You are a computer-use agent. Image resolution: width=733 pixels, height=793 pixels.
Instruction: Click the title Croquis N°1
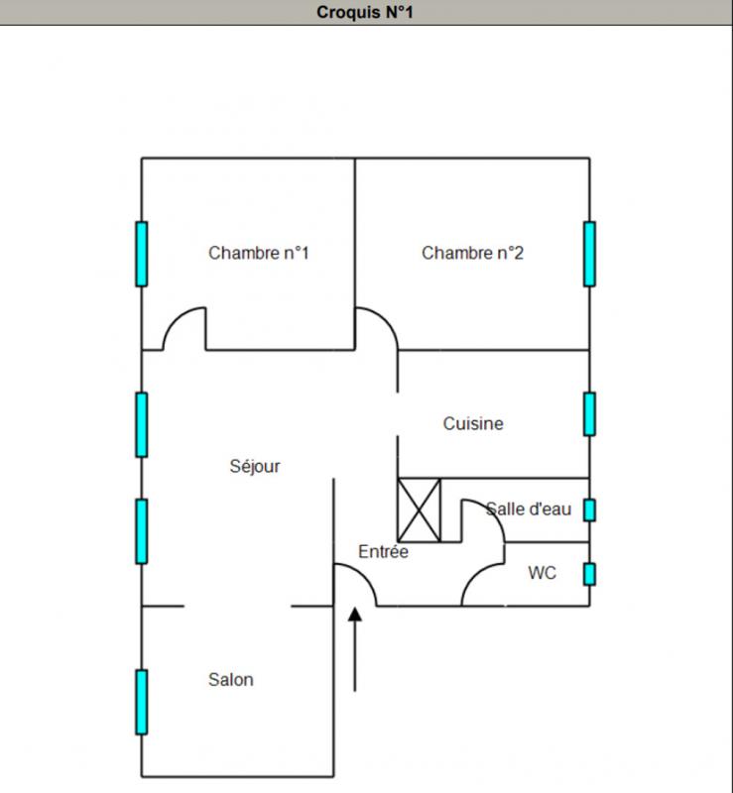coord(366,13)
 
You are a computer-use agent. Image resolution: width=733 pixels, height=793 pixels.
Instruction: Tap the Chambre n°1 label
coord(259,253)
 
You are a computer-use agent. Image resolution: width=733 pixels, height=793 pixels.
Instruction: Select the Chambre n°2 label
coord(472,253)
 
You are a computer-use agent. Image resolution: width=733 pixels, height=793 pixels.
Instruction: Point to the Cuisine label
coord(473,423)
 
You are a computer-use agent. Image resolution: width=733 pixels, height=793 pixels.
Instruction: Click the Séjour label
coord(255,466)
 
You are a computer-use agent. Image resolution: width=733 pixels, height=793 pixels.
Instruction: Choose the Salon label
coord(230,679)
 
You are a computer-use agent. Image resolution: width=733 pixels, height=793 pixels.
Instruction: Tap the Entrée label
coord(383,552)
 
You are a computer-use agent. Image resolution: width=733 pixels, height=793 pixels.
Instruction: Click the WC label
coord(542,573)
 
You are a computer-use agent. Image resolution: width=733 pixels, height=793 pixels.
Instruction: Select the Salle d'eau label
coord(529,510)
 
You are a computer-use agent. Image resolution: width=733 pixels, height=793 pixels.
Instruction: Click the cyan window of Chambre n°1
coord(142,254)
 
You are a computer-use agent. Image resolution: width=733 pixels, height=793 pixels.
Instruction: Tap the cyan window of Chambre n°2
coord(589,254)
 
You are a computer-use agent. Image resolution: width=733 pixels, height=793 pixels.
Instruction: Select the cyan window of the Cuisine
coord(589,413)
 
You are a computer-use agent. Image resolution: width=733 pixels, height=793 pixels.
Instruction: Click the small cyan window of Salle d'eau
coord(589,510)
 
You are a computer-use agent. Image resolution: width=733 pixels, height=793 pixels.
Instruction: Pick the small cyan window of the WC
coord(589,573)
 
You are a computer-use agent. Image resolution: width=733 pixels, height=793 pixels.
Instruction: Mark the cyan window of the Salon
coord(142,701)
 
